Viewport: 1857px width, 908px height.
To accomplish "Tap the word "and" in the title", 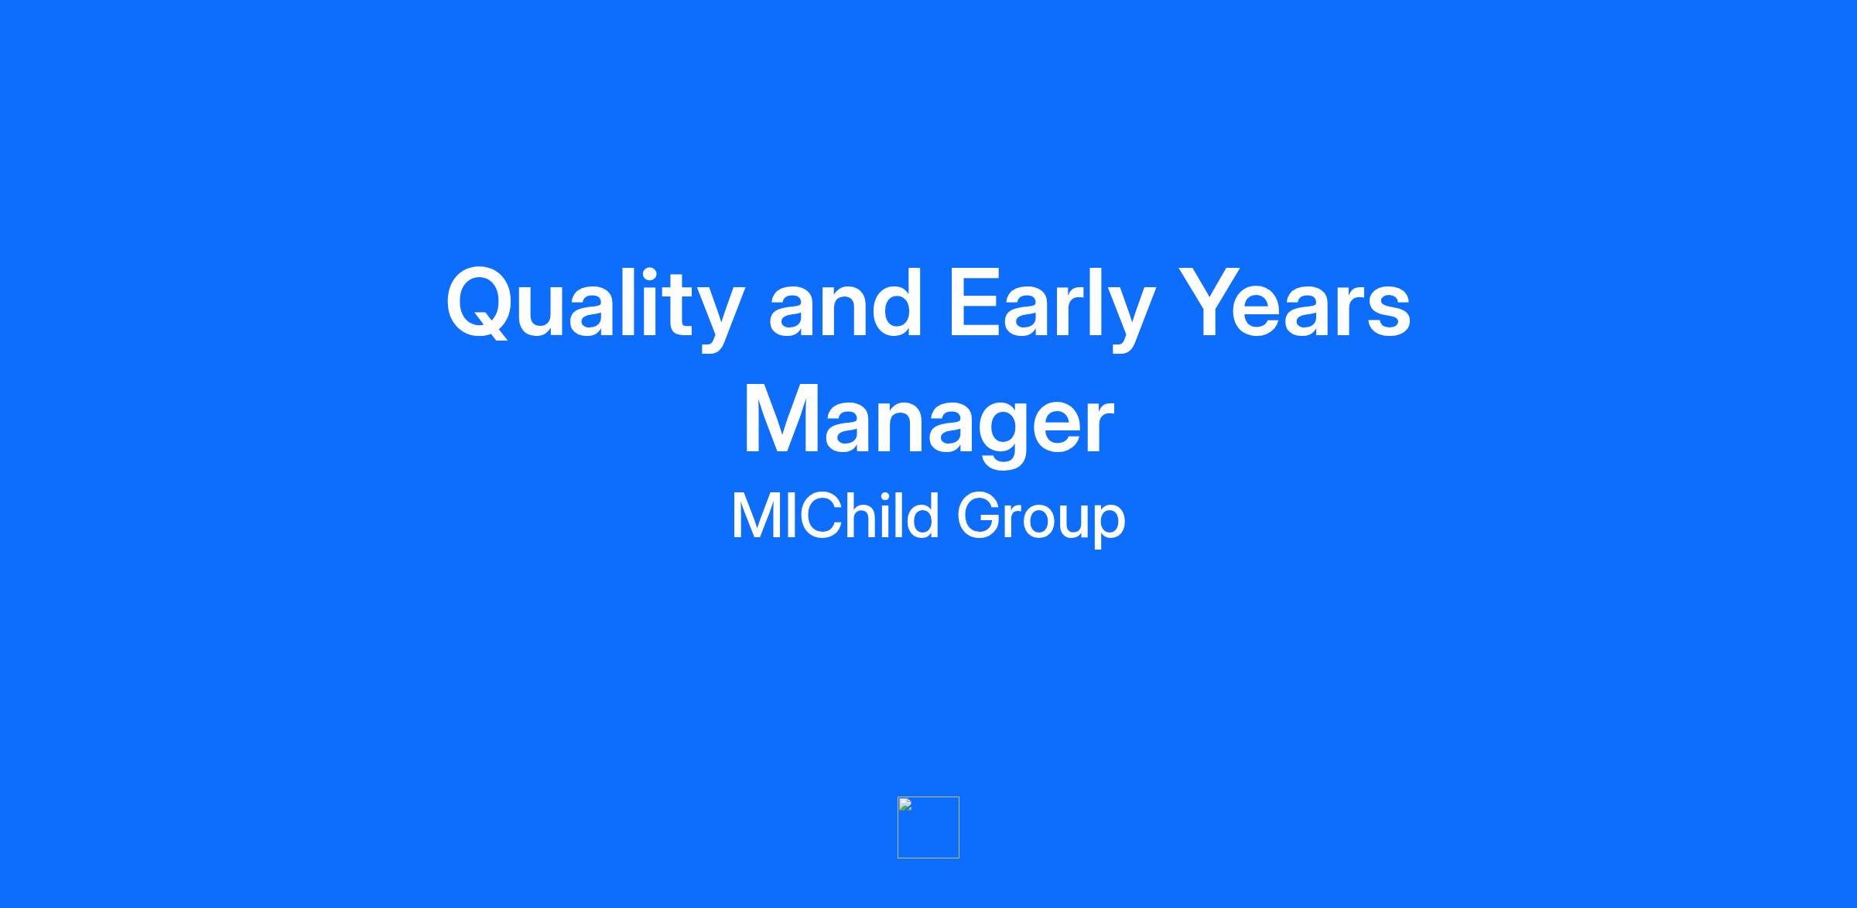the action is click(x=846, y=303).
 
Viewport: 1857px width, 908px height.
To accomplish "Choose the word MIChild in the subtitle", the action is click(x=835, y=515).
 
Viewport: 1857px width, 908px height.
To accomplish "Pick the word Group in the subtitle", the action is click(x=1041, y=519).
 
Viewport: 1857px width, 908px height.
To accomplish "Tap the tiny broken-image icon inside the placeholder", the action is click(x=905, y=804).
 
